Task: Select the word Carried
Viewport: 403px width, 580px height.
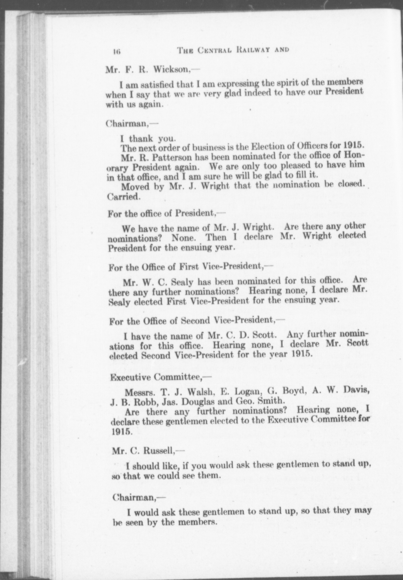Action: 124,197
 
